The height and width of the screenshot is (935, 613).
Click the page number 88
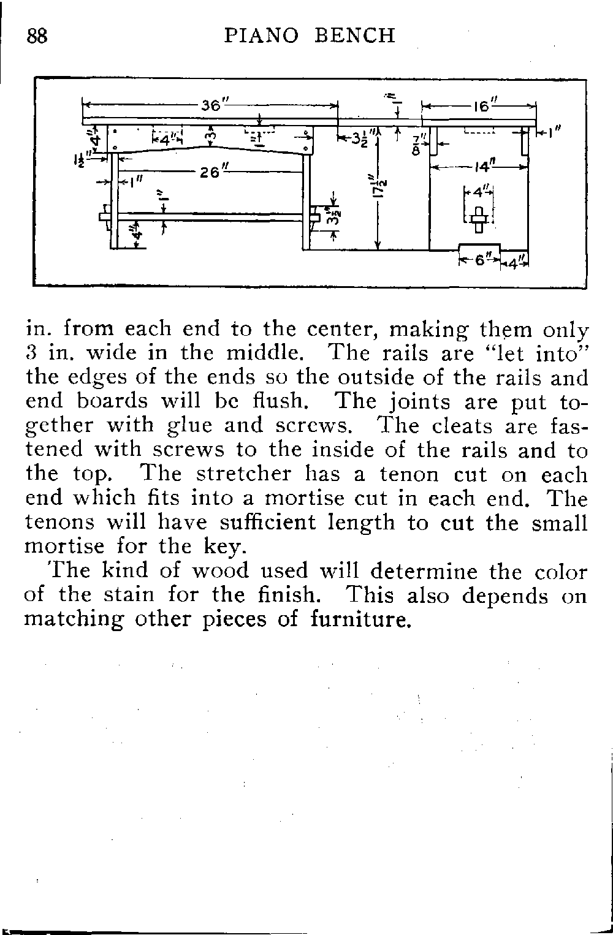tap(37, 36)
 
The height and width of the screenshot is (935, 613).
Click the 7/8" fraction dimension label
tap(416, 145)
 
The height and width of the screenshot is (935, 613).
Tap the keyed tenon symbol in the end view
tap(479, 219)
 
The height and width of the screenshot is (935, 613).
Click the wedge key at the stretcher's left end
tap(107, 217)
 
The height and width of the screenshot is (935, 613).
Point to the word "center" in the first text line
tap(343, 330)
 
